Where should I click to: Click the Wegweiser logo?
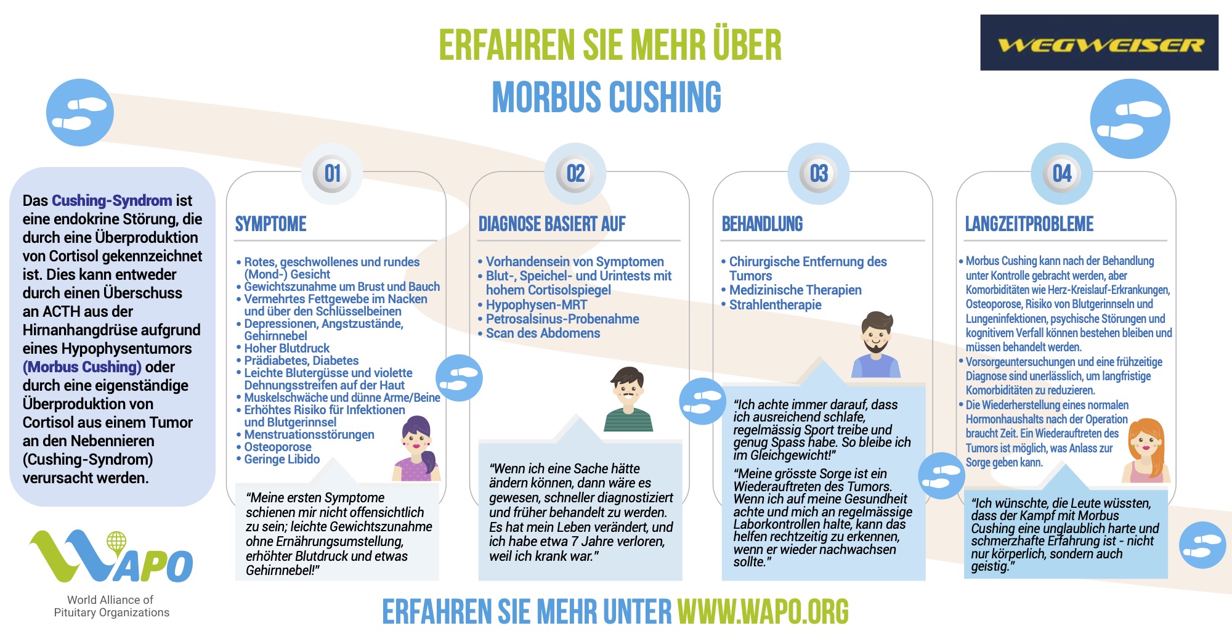click(1099, 43)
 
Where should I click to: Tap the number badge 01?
click(332, 174)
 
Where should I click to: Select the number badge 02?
click(575, 174)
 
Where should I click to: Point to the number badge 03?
click(819, 174)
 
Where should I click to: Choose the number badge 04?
click(1062, 174)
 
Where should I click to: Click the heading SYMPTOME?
click(270, 224)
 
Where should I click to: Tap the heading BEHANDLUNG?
click(762, 224)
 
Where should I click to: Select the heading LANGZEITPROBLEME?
click(1029, 224)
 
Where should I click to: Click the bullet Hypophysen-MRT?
click(536, 305)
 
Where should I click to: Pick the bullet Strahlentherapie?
click(775, 305)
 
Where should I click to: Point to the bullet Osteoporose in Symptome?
click(277, 447)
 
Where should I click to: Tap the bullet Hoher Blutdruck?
click(286, 348)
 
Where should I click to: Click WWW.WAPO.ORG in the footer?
click(763, 612)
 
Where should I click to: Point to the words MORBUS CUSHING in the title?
click(606, 97)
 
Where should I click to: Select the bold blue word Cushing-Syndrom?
click(111, 201)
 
